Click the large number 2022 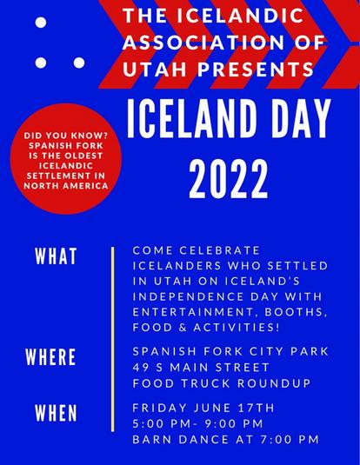pyautogui.click(x=229, y=179)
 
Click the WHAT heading pyautogui.click(x=57, y=256)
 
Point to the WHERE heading pyautogui.click(x=50, y=356)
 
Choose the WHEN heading pyautogui.click(x=57, y=413)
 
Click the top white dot pyautogui.click(x=41, y=23)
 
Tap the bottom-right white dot pyautogui.click(x=79, y=63)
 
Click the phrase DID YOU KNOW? pyautogui.click(x=66, y=136)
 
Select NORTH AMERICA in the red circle pyautogui.click(x=66, y=186)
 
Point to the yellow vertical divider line pyautogui.click(x=112, y=339)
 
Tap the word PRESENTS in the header pyautogui.click(x=256, y=69)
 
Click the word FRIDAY pyautogui.click(x=160, y=408)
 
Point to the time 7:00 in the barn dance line pyautogui.click(x=275, y=439)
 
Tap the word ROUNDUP pyautogui.click(x=274, y=383)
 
